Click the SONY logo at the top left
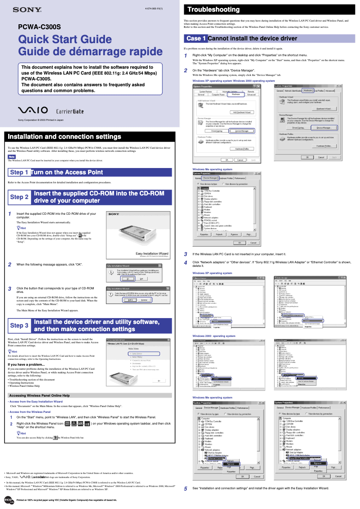pyautogui.click(x=27, y=9)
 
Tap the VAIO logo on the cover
pyautogui.click(x=34, y=111)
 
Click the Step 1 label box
pyautogui.click(x=19, y=172)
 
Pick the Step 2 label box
pyautogui.click(x=19, y=197)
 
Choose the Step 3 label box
pyautogui.click(x=19, y=325)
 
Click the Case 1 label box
pyautogui.click(x=196, y=39)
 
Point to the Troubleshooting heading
pyautogui.click(x=213, y=9)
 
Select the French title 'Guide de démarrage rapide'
pyautogui.click(x=90, y=52)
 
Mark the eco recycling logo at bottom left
pyautogui.click(x=8, y=500)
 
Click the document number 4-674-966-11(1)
pyautogui.click(x=154, y=9)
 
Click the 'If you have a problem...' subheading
pyautogui.click(x=26, y=364)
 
